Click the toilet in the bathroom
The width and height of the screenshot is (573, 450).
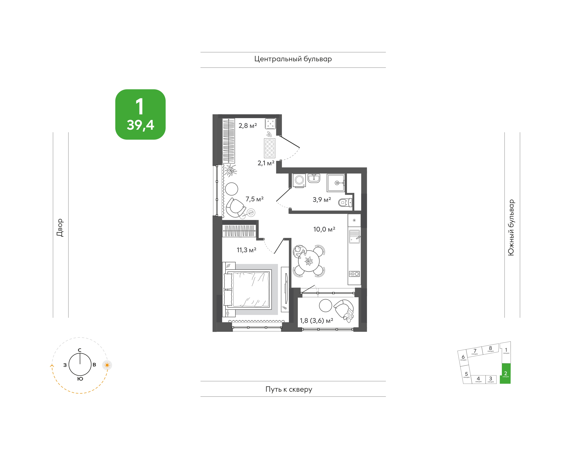coord(345,202)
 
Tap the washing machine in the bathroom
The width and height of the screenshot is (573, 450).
coord(299,180)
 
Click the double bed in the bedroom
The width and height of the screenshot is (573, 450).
coord(248,289)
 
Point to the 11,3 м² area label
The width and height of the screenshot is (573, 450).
coord(247,250)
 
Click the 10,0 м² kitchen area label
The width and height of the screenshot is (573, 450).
coord(324,229)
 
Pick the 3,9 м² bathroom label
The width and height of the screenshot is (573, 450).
coord(322,200)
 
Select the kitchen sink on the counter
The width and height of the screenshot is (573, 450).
coord(354,236)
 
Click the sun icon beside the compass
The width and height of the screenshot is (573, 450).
coord(107,365)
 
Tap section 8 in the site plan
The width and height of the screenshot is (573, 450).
coord(490,349)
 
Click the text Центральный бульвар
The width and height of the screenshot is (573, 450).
coord(293,59)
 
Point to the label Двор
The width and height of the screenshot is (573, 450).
coord(60,228)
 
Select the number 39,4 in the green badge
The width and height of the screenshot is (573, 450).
coord(140,125)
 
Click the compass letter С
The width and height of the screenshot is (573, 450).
coord(80,350)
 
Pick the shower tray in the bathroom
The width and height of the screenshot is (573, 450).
coord(336,183)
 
